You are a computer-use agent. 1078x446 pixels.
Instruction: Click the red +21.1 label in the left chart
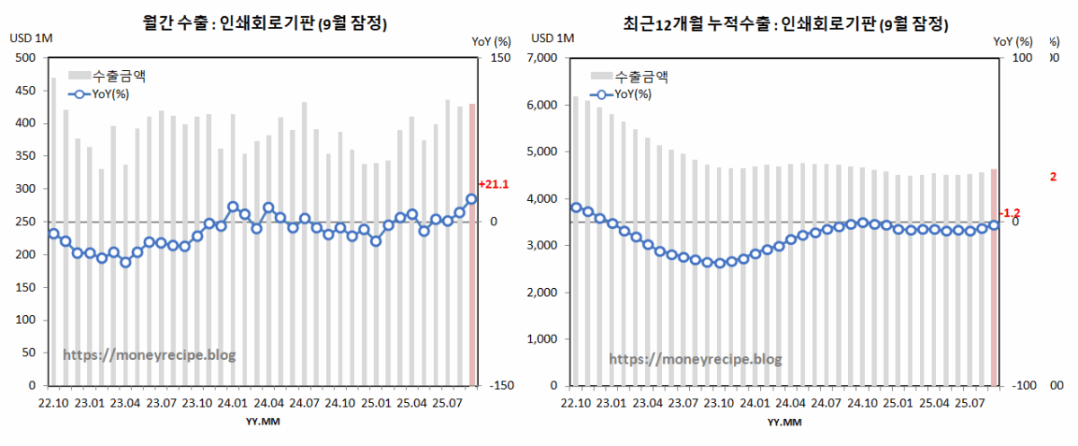coord(494,185)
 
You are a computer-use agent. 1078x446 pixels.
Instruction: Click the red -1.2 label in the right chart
coord(1010,213)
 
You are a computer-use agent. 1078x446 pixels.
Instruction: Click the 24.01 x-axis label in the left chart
coord(233,404)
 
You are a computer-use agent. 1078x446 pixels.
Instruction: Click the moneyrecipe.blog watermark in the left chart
coord(149,355)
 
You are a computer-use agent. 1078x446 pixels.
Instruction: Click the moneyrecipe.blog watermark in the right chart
coord(695,359)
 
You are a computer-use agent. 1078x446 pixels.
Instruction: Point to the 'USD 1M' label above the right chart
coord(552,38)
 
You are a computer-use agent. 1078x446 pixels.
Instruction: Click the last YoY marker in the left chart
coord(472,199)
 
